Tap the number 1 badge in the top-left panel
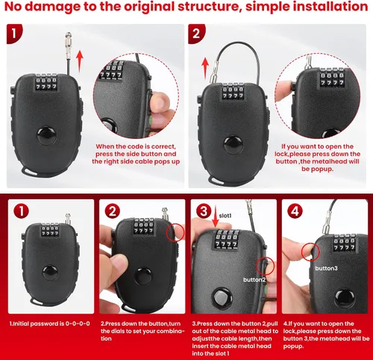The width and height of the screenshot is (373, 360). pyautogui.click(x=14, y=34)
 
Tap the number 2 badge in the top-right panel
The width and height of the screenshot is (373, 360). pyautogui.click(x=196, y=34)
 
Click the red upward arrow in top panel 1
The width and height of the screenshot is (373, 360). pyautogui.click(x=80, y=60)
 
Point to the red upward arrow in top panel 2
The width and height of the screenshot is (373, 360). pyautogui.click(x=205, y=69)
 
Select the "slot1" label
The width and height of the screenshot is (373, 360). pyautogui.click(x=225, y=216)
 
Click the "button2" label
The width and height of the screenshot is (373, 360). pyautogui.click(x=254, y=280)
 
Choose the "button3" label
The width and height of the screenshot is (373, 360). pyautogui.click(x=326, y=268)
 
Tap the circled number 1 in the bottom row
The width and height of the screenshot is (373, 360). pyautogui.click(x=22, y=211)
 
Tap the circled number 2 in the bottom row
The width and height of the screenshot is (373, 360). pyautogui.click(x=113, y=211)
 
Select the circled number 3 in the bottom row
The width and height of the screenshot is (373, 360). pyautogui.click(x=204, y=211)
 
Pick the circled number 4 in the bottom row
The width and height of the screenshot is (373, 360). pyautogui.click(x=295, y=211)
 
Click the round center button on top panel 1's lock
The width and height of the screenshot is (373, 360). pyautogui.click(x=46, y=136)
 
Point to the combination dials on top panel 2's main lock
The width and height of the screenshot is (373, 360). pyautogui.click(x=233, y=92)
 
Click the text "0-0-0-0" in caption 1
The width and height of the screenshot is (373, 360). pyautogui.click(x=78, y=323)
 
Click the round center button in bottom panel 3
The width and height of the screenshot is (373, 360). pyautogui.click(x=222, y=298)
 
